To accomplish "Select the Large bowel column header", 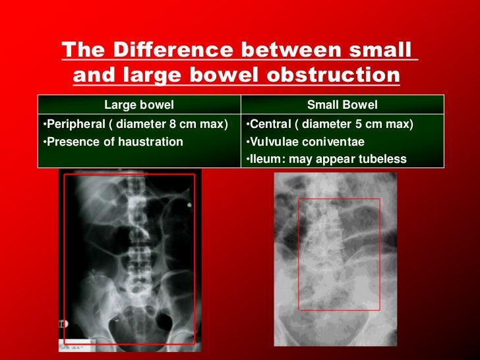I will pos(139,105).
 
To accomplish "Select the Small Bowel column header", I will pos(342,105).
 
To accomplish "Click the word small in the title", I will pos(382,50).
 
